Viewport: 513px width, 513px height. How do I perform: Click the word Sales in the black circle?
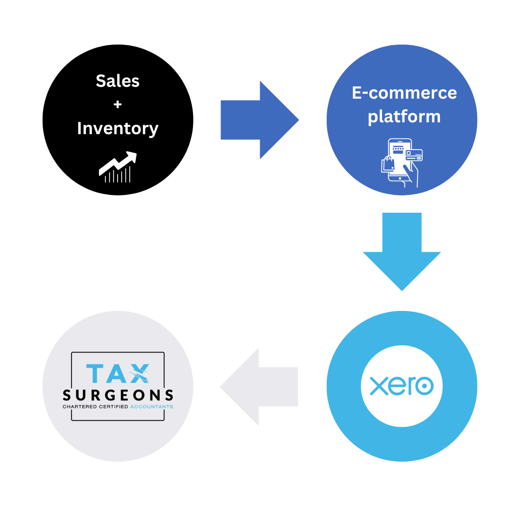[118, 81]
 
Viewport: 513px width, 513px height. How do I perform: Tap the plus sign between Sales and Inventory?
[118, 105]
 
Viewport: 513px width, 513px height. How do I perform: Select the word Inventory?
[118, 129]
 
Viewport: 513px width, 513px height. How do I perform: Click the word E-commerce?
[404, 93]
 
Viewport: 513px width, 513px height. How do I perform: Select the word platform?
[404, 117]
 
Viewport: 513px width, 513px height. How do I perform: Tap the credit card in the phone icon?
[414, 155]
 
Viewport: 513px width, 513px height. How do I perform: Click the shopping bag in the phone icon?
[388, 164]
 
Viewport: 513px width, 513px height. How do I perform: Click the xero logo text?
[402, 386]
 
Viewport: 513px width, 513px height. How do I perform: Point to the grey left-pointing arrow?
[259, 387]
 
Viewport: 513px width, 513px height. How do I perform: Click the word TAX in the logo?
[118, 374]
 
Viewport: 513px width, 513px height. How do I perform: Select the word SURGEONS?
[118, 395]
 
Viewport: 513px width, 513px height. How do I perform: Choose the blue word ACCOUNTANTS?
[152, 407]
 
